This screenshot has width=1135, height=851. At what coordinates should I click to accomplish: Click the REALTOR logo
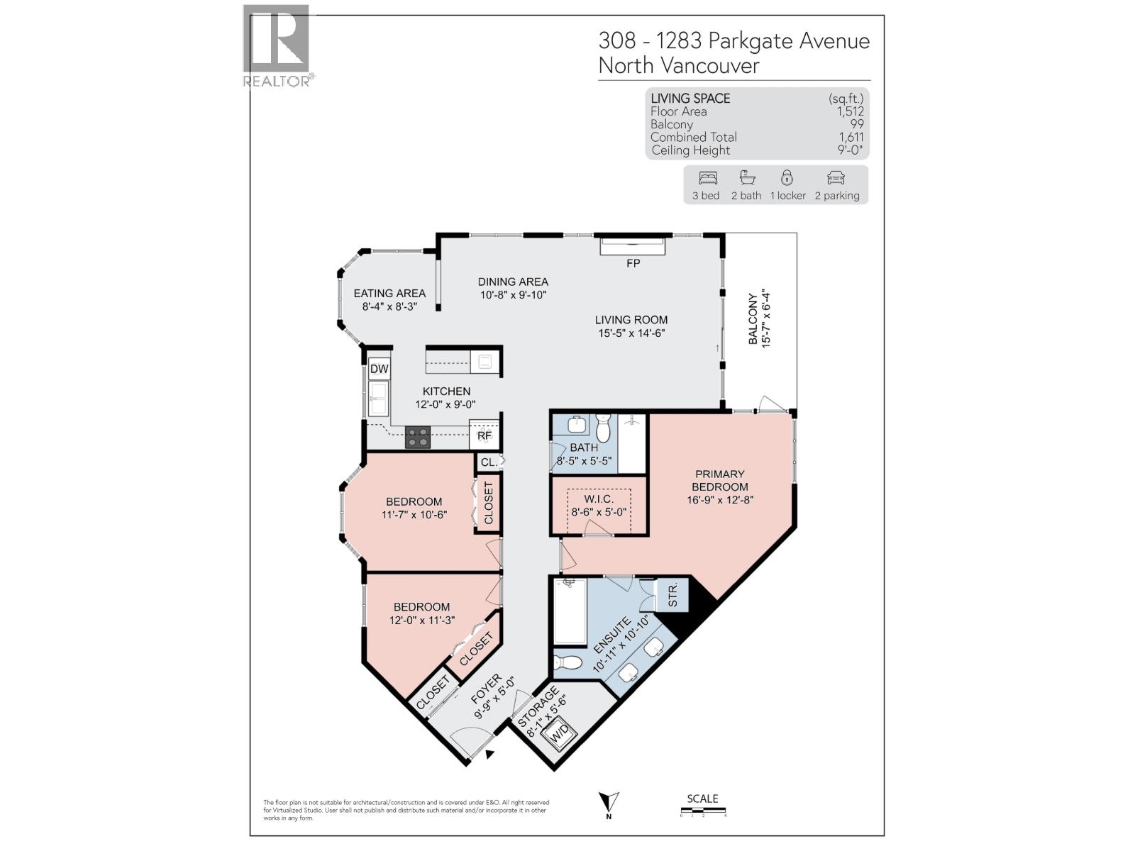coord(277,45)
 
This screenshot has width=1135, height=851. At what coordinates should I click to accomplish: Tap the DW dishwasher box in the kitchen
coord(379,369)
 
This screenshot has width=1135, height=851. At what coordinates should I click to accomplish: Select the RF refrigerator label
coord(485,435)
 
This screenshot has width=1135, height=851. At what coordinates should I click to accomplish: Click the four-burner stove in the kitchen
coord(418,437)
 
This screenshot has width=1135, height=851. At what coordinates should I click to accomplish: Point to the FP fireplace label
coord(633,263)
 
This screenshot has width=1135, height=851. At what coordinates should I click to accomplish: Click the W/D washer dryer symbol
coord(560,733)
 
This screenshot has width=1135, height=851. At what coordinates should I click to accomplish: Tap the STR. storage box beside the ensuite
coord(672,594)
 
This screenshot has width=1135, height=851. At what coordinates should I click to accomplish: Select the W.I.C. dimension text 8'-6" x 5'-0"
coord(599,511)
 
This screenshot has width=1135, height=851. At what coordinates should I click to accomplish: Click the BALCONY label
coord(753,319)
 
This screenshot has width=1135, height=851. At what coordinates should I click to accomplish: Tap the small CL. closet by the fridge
coord(488,462)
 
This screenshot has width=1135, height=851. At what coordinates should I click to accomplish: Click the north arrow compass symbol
coord(609,803)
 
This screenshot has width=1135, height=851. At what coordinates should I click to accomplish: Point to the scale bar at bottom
coord(702,810)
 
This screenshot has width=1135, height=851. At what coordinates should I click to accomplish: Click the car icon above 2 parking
coord(836,177)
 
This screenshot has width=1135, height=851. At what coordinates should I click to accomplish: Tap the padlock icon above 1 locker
coord(787,177)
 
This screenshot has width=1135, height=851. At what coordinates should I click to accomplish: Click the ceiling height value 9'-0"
coord(850,150)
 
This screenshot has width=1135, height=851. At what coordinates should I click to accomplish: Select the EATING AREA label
coord(389,293)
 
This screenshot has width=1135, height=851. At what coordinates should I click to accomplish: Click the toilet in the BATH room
coord(604,428)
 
